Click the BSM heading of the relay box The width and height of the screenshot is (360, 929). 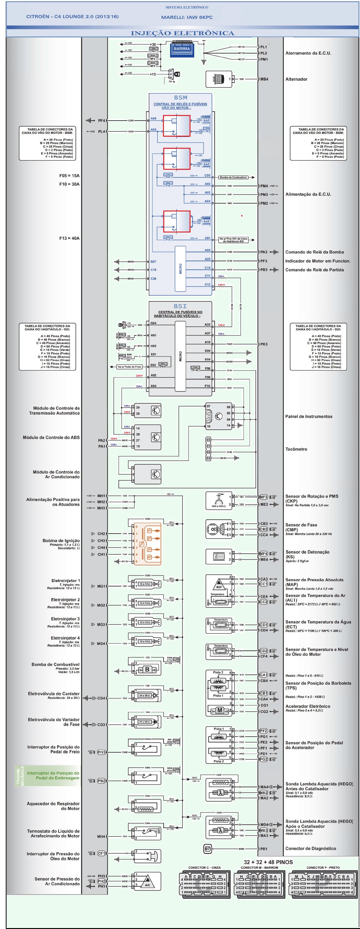pos(180,97)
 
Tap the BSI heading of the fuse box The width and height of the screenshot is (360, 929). pos(180,306)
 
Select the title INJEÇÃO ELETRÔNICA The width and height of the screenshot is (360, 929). pos(182,33)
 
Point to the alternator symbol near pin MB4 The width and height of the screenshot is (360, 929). pos(219,79)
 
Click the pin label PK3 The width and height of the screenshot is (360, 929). pos(264,344)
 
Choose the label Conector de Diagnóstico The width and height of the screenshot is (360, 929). pos(311,849)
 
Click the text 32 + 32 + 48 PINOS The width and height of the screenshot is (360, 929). pos(268,862)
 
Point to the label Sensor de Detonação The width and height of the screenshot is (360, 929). pos(307,552)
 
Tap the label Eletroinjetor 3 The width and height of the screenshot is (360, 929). pos(65,619)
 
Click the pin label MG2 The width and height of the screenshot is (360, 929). pos(101,605)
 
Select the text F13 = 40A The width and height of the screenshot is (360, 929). pos(69,238)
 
